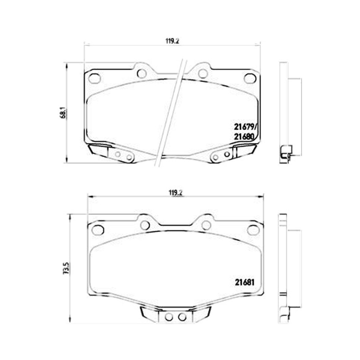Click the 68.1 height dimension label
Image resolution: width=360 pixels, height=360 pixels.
[64, 113]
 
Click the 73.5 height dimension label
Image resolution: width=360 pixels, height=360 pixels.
[67, 268]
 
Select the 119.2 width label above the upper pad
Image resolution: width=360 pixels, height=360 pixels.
[172, 41]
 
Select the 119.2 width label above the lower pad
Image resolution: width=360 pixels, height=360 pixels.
[175, 193]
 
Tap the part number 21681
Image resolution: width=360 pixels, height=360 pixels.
[244, 282]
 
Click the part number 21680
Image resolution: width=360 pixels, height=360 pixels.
[244, 137]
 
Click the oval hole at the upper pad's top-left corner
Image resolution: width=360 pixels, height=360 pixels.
[94, 78]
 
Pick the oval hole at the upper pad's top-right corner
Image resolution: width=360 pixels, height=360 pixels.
[250, 78]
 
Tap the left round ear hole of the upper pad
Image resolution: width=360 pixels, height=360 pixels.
[142, 73]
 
